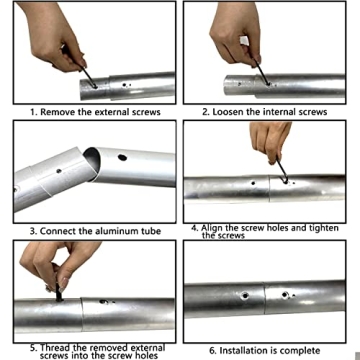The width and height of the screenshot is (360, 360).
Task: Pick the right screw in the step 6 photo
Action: (284, 295)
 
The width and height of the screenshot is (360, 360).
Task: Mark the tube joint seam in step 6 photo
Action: (264, 297)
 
